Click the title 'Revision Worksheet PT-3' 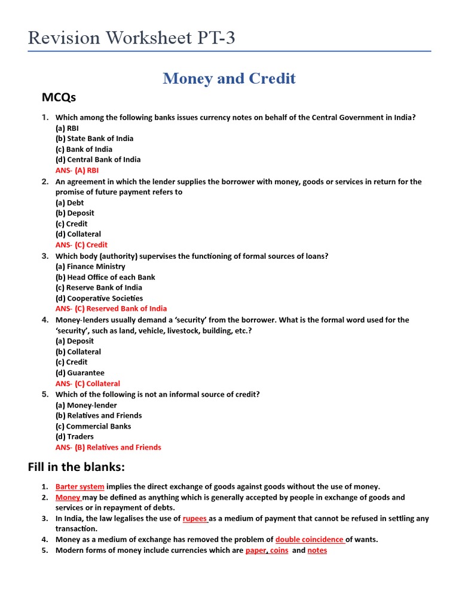(x=131, y=38)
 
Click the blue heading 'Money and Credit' (x=229, y=78)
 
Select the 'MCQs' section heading (x=59, y=97)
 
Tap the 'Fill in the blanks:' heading (x=76, y=467)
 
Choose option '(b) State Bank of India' (x=94, y=139)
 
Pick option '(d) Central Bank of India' (x=98, y=160)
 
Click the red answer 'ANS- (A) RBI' (x=77, y=170)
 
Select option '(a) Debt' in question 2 (x=70, y=203)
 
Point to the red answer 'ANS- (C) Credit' (x=81, y=245)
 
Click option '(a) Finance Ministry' (x=90, y=267)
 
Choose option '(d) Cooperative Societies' (x=99, y=298)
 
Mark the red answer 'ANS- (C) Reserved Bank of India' (x=111, y=309)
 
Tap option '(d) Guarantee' (x=80, y=373)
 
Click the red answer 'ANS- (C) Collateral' (x=88, y=384)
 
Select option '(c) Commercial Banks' (x=93, y=426)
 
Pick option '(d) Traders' (x=75, y=437)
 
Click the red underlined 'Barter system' (x=80, y=487)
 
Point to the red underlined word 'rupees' (x=195, y=519)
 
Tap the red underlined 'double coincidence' (x=310, y=540)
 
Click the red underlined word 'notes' (x=317, y=550)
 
